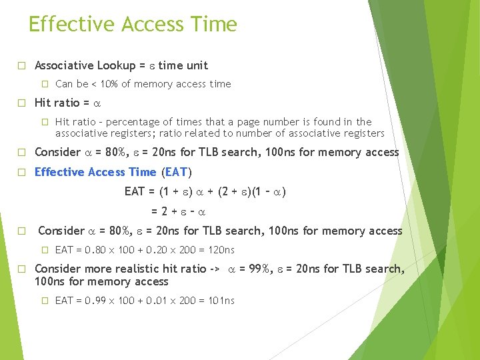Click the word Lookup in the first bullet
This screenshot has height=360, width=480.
click(x=116, y=65)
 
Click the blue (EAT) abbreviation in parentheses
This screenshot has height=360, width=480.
click(x=176, y=172)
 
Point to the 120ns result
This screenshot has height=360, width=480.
click(x=219, y=250)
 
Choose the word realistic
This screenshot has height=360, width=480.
click(x=136, y=269)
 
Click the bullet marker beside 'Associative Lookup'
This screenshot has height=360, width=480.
click(x=21, y=65)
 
